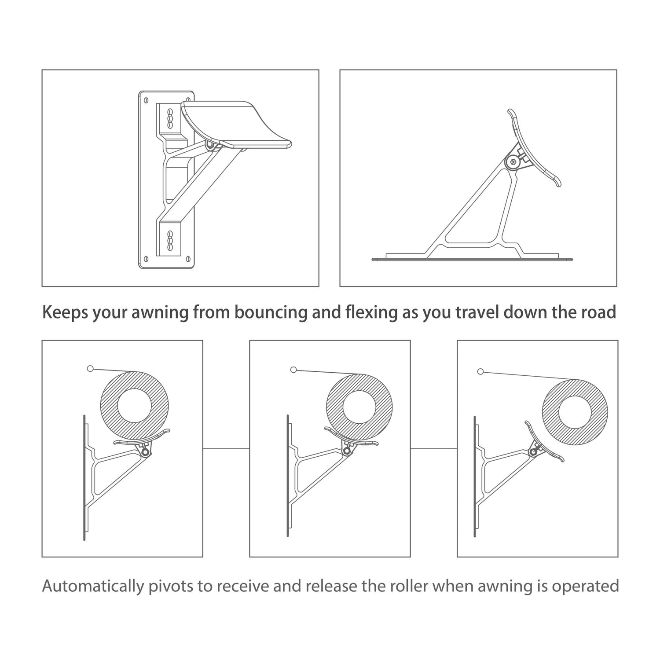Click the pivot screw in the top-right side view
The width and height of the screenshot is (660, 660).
(513, 162)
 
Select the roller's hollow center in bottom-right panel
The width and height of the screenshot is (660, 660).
(575, 413)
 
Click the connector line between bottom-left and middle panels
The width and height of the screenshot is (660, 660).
(226, 449)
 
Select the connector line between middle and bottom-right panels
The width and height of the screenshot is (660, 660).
(434, 449)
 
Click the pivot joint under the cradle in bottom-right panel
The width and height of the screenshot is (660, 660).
(535, 451)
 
